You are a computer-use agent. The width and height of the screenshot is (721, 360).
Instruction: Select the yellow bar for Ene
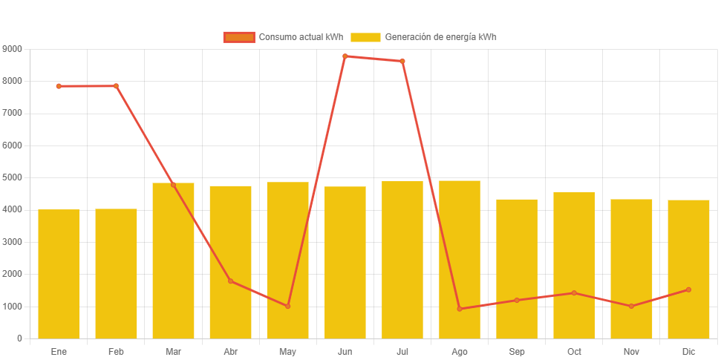(59, 274)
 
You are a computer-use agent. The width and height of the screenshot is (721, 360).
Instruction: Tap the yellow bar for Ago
(460, 259)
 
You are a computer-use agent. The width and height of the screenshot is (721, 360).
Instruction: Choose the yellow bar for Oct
(574, 265)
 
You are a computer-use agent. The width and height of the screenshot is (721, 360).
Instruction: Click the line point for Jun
(345, 56)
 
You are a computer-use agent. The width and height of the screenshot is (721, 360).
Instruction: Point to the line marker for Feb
(116, 86)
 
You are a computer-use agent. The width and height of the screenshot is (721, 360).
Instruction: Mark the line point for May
(288, 306)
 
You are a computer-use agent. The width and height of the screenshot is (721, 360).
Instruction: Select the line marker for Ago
(460, 309)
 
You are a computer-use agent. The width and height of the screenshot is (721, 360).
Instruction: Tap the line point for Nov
(631, 306)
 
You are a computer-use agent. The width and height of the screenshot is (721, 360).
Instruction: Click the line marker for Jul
(402, 61)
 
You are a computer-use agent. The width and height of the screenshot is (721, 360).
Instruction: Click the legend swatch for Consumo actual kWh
(238, 37)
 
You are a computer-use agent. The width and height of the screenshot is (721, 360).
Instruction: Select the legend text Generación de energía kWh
(440, 37)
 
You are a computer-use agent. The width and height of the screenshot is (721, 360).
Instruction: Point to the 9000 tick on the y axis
(13, 48)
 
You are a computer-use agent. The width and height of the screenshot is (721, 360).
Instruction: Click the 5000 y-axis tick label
(13, 177)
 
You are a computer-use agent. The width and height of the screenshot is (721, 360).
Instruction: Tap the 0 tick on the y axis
(19, 338)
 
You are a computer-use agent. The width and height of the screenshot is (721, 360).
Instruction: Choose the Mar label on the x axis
(173, 351)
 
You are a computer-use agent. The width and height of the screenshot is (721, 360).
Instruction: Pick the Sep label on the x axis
(517, 351)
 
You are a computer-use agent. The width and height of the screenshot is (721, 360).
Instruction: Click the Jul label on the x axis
(402, 351)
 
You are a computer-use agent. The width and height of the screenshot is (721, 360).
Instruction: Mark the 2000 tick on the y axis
(13, 274)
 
